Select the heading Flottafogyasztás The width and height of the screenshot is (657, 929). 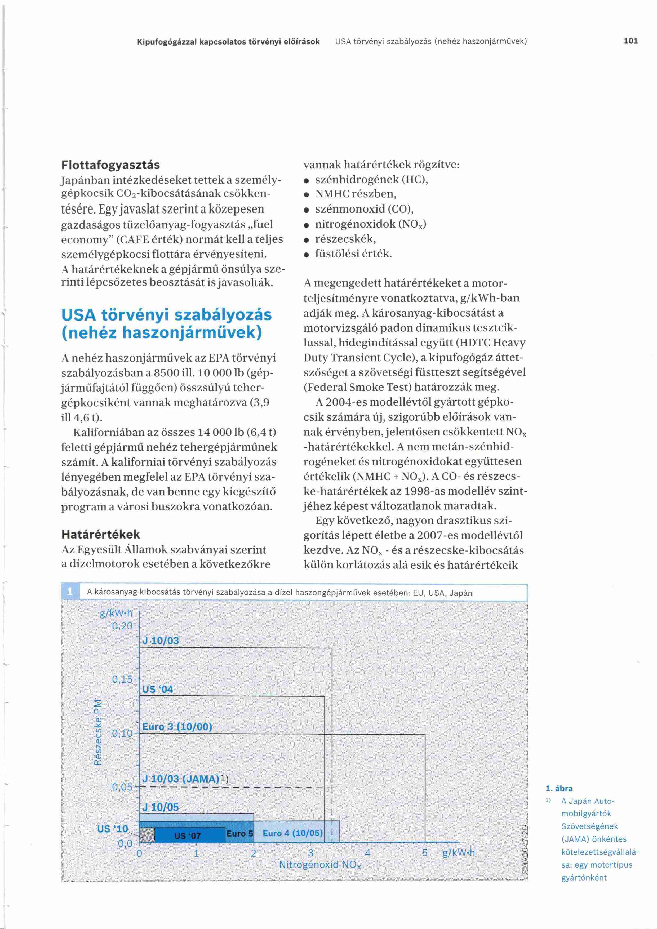click(110, 165)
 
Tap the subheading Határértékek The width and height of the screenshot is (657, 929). click(100, 535)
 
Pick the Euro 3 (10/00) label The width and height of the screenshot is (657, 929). click(177, 727)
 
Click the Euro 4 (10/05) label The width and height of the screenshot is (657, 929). click(292, 833)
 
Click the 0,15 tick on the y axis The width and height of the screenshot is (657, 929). click(122, 679)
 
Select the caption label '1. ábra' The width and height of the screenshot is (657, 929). click(559, 788)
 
